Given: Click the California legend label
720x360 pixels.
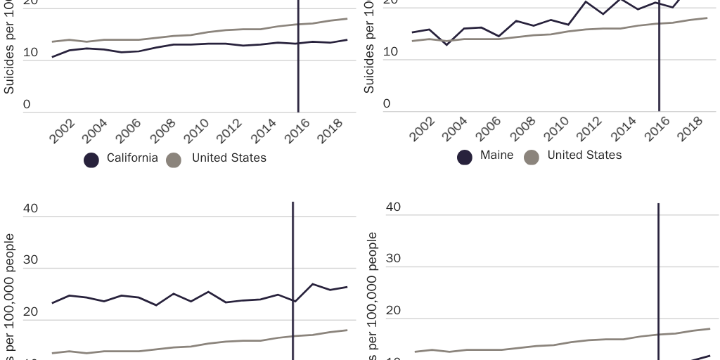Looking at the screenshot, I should [x=132, y=158].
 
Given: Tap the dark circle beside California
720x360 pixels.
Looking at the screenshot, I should [x=91, y=160].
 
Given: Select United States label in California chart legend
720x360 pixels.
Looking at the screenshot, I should [x=229, y=158].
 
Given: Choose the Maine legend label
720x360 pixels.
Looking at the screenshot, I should [x=496, y=155].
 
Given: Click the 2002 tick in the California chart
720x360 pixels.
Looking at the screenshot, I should [x=63, y=131].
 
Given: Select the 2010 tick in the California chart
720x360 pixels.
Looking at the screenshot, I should [x=197, y=131].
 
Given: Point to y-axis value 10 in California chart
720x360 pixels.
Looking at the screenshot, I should [x=30, y=52].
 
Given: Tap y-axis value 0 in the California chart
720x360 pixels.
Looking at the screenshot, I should [x=27, y=105].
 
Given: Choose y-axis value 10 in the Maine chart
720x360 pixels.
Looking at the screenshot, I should [x=390, y=52].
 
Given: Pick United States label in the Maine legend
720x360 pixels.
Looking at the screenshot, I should [x=584, y=155].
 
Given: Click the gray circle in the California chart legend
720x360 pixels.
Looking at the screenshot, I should [x=174, y=160].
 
